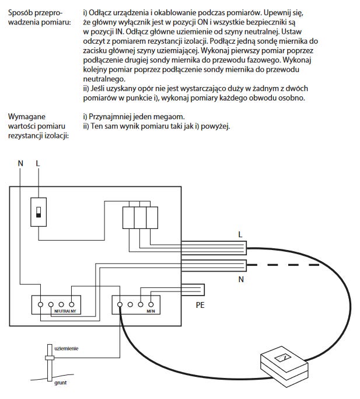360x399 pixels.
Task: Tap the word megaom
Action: (x=173, y=116)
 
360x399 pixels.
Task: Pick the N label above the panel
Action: (x=20, y=164)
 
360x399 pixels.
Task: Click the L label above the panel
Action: (x=38, y=164)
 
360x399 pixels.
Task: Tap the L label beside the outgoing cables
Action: (x=240, y=234)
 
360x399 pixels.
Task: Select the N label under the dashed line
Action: (x=240, y=280)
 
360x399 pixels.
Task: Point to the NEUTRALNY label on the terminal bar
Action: (x=65, y=312)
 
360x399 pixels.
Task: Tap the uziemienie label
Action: (x=66, y=348)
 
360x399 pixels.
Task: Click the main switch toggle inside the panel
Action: (x=39, y=211)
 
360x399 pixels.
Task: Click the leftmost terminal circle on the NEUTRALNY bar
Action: (x=40, y=304)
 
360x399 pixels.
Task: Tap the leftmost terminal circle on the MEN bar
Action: (x=120, y=304)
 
